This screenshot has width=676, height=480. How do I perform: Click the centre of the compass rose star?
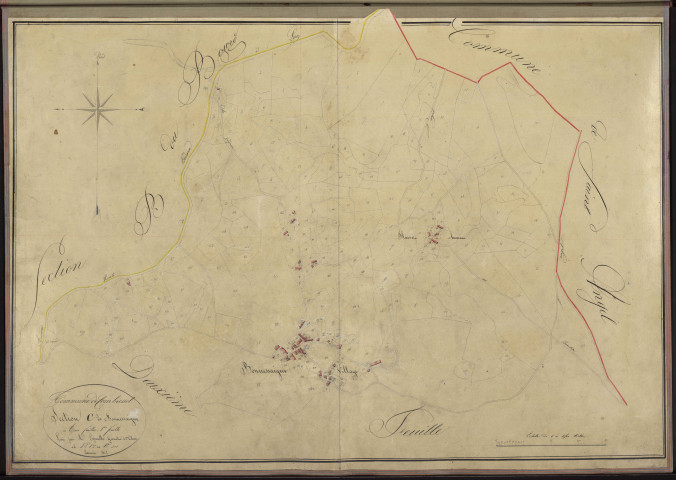(x=98, y=109)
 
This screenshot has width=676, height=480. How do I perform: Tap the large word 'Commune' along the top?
(x=496, y=52)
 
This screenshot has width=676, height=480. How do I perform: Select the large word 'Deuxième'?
(x=153, y=381)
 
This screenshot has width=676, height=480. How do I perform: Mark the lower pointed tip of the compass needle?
(x=98, y=213)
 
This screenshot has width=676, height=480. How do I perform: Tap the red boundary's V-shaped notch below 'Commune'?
(x=478, y=79)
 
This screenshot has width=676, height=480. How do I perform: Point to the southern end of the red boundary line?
(x=627, y=404)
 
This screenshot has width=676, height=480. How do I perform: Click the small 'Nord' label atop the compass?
(x=98, y=56)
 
